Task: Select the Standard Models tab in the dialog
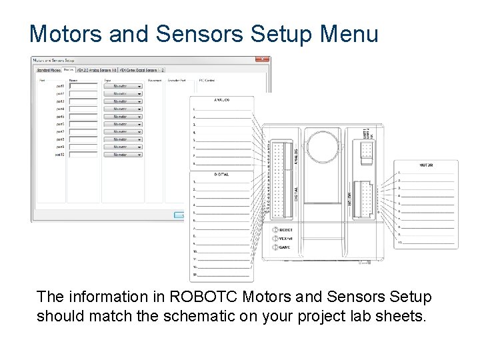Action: [48, 69]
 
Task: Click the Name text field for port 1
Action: [83, 86]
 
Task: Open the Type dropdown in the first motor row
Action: [123, 86]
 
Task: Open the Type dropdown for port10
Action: [123, 155]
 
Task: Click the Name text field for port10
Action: [83, 155]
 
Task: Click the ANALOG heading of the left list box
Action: [221, 100]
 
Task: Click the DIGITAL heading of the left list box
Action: [221, 174]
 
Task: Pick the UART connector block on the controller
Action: [366, 150]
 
